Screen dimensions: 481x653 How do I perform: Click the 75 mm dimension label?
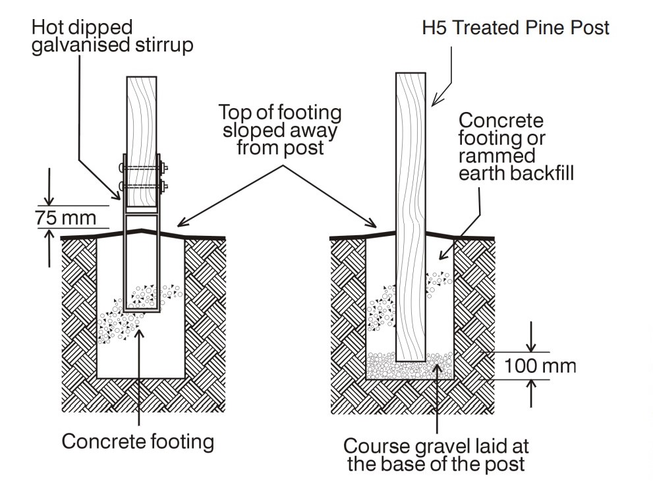click(x=65, y=217)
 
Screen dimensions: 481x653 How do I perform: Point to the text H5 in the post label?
click(x=436, y=28)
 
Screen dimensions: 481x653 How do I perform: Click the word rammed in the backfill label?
click(x=497, y=157)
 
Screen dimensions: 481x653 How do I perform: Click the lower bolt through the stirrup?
click(x=142, y=186)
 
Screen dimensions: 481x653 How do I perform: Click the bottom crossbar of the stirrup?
click(x=142, y=310)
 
